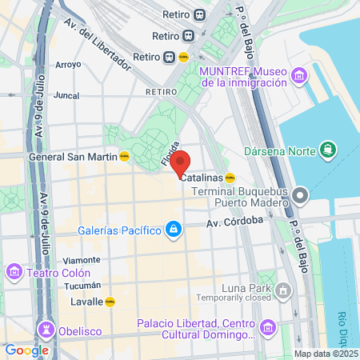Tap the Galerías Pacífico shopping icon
(x=173, y=231)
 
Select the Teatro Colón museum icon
(x=14, y=272)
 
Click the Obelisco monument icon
(x=46, y=330)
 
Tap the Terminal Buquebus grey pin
(x=300, y=194)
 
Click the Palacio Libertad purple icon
(x=267, y=326)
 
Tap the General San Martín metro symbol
(x=125, y=157)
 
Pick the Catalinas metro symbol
(x=230, y=178)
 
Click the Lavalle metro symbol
(x=111, y=302)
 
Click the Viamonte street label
(x=81, y=260)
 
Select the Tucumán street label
(x=81, y=285)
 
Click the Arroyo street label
(x=67, y=64)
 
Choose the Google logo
(x=26, y=350)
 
